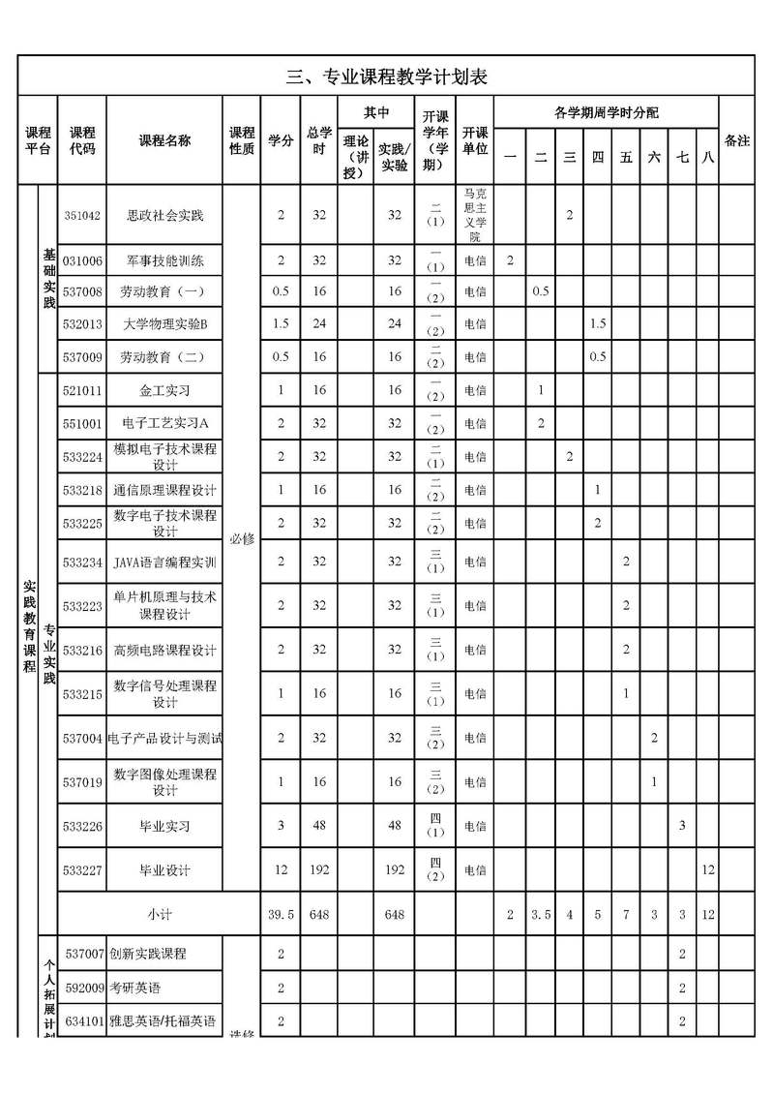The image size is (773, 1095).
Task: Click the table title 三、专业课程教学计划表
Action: click(386, 77)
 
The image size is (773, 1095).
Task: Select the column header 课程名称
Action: click(165, 140)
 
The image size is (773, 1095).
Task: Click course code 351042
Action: click(82, 215)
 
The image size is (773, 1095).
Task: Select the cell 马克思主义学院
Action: click(475, 215)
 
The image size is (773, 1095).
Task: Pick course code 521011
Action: click(82, 390)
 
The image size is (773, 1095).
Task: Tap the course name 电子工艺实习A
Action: click(165, 423)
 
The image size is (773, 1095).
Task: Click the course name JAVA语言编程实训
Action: click(165, 562)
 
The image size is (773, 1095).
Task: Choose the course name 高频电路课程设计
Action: click(165, 650)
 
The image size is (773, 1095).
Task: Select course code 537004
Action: click(82, 738)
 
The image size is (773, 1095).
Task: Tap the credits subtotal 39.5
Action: click(282, 914)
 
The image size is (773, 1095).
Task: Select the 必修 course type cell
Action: click(242, 538)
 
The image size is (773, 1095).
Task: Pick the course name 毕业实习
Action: click(165, 826)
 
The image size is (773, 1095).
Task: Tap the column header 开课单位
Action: click(475, 140)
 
